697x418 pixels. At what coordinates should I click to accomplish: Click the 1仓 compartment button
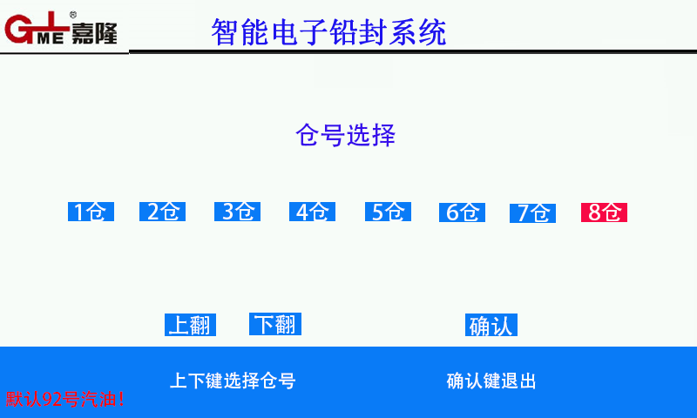pyautogui.click(x=91, y=212)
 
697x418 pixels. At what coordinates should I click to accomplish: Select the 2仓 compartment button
pyautogui.click(x=162, y=212)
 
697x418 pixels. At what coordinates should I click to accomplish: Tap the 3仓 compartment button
pyautogui.click(x=237, y=212)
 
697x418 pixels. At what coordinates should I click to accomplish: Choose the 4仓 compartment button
pyautogui.click(x=312, y=212)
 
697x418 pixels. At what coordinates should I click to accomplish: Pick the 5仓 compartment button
pyautogui.click(x=388, y=212)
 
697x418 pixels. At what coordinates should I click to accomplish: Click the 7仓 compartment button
pyautogui.click(x=532, y=213)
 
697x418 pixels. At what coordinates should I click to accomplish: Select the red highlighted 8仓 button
pyautogui.click(x=604, y=212)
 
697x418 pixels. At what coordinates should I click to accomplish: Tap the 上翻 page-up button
pyautogui.click(x=190, y=325)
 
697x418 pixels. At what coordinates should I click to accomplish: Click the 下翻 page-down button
pyautogui.click(x=275, y=324)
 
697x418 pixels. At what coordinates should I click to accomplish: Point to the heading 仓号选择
pyautogui.click(x=345, y=135)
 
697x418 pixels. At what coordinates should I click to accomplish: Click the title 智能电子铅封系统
pyautogui.click(x=329, y=32)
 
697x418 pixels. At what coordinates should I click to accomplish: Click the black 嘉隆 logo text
pyautogui.click(x=94, y=32)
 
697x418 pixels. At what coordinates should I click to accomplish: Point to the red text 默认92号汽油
pyautogui.click(x=64, y=399)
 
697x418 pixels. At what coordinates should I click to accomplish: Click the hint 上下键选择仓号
pyautogui.click(x=233, y=381)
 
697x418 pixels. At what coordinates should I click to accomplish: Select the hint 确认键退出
pyautogui.click(x=491, y=381)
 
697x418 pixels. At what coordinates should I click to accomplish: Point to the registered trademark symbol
pyautogui.click(x=73, y=15)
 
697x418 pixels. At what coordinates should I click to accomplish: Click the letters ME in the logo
pyautogui.click(x=51, y=37)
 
